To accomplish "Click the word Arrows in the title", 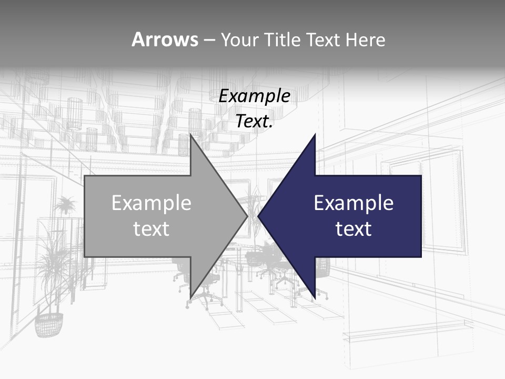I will pyautogui.click(x=165, y=39).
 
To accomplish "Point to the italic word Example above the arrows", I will pyautogui.click(x=255, y=96).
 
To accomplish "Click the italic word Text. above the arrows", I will pyautogui.click(x=255, y=122).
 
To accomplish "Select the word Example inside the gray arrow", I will pyautogui.click(x=151, y=203).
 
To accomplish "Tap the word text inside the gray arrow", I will pyautogui.click(x=151, y=229).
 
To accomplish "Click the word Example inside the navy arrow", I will pyautogui.click(x=353, y=203).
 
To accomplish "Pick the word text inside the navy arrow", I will pyautogui.click(x=353, y=229).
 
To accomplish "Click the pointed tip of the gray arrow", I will pyautogui.click(x=247, y=216).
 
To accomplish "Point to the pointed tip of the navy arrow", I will pyautogui.click(x=258, y=216).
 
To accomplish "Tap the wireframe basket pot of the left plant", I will pyautogui.click(x=48, y=324).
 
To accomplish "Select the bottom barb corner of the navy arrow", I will pyautogui.click(x=315, y=298).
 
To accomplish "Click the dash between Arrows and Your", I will pyautogui.click(x=209, y=40).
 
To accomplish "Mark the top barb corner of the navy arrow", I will pyautogui.click(x=315, y=135).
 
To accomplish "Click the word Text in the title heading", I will pyautogui.click(x=322, y=39).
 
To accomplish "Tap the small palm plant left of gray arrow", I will pyautogui.click(x=65, y=205).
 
